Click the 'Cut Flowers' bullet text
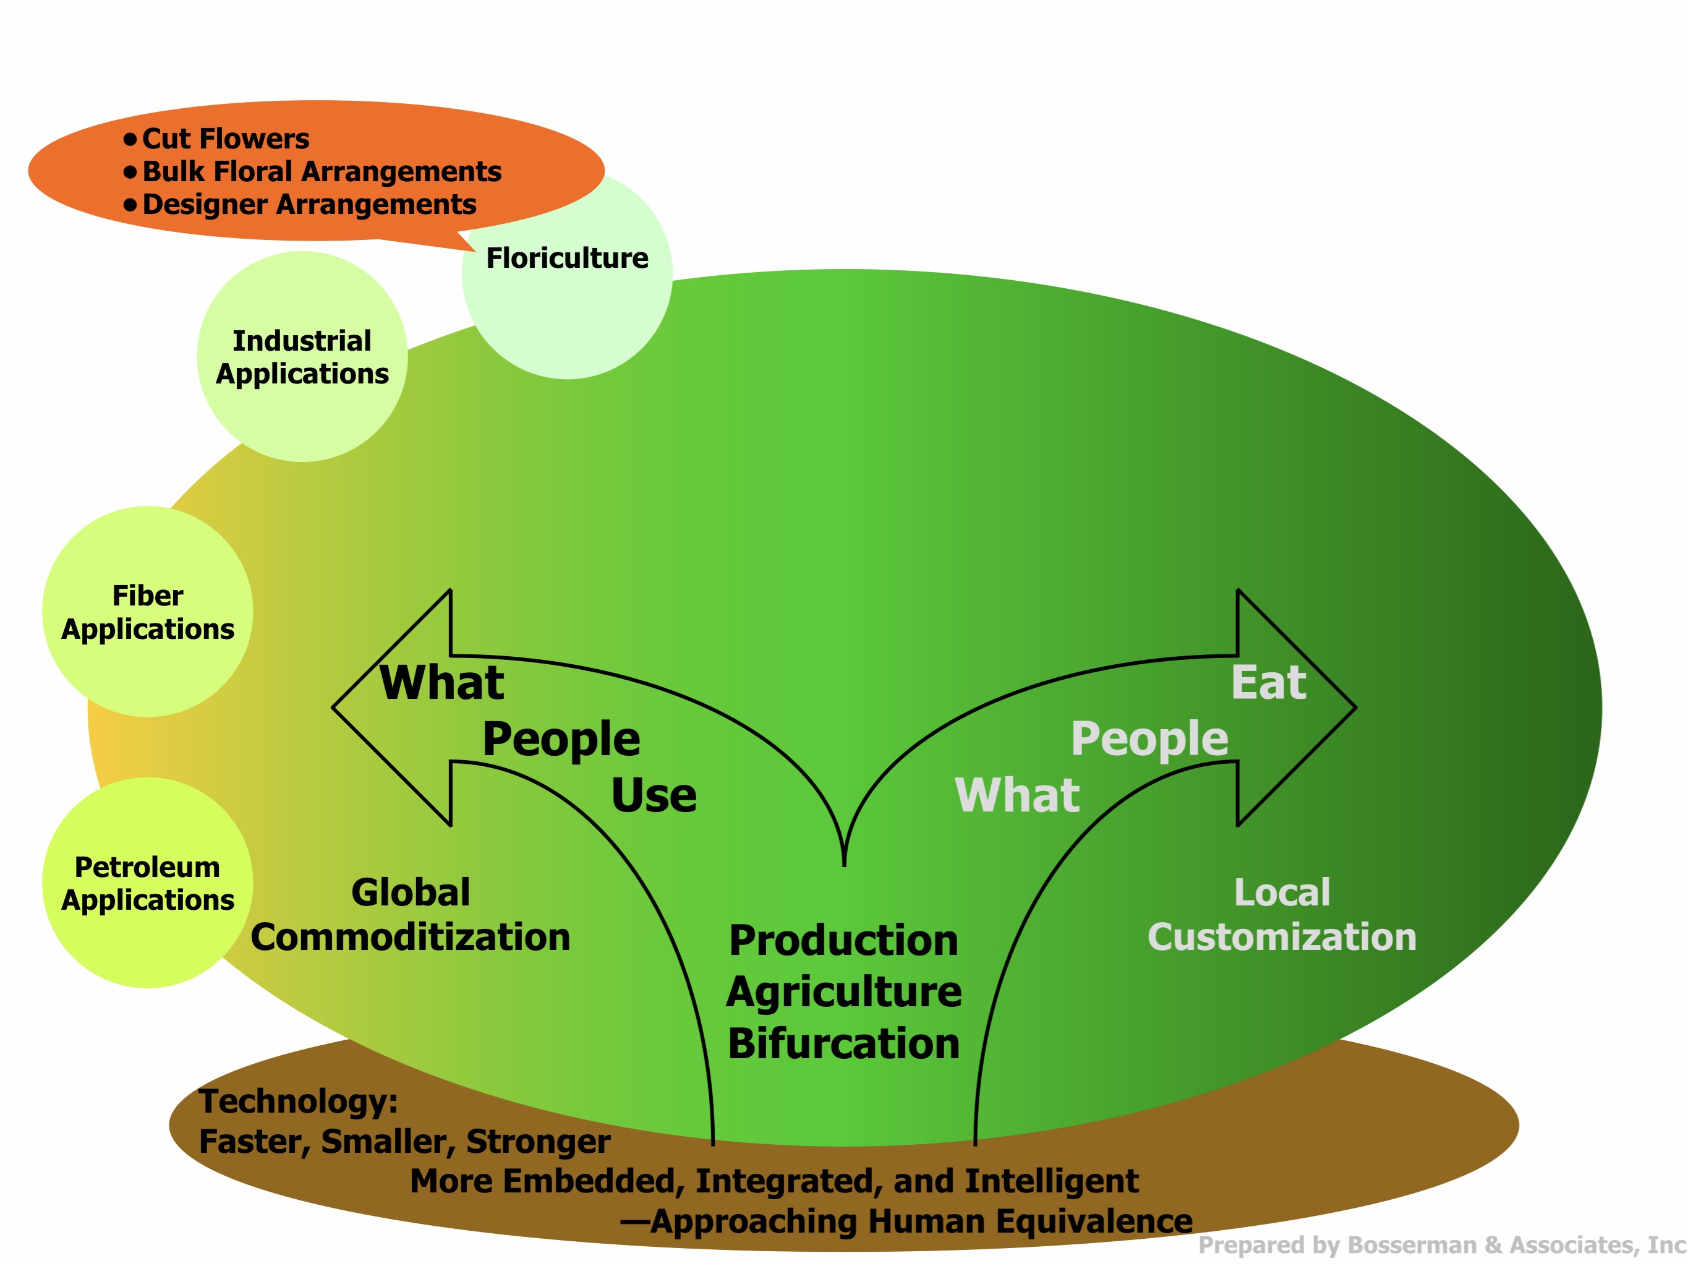(x=225, y=139)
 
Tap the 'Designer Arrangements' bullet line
(x=309, y=205)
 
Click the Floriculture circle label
(x=567, y=259)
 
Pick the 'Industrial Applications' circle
(x=302, y=357)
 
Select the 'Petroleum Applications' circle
(x=147, y=884)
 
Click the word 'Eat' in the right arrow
(x=1268, y=682)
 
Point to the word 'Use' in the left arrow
(x=653, y=795)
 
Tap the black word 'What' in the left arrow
(x=442, y=682)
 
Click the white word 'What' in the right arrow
(x=1017, y=795)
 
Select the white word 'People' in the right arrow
(x=1149, y=738)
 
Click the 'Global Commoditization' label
(x=411, y=915)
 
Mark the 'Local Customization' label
(x=1282, y=915)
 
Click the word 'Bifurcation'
(x=843, y=1043)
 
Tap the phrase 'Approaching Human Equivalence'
(x=920, y=1221)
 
